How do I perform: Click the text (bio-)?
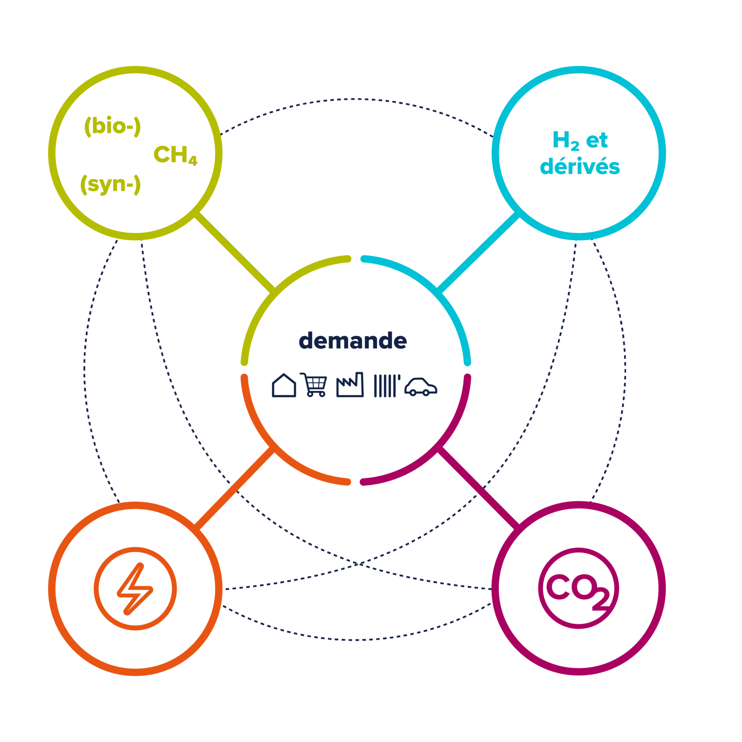[112, 126]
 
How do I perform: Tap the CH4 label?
[175, 155]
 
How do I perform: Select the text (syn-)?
[111, 184]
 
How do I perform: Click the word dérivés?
[580, 167]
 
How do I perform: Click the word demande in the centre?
[352, 341]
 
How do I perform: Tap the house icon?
[284, 385]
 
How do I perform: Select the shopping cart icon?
[315, 385]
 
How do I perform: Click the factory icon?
[350, 385]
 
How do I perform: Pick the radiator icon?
[386, 385]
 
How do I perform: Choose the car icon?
[420, 387]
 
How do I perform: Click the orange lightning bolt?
[135, 589]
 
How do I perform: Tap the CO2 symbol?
[579, 589]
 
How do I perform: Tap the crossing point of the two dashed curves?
[358, 564]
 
